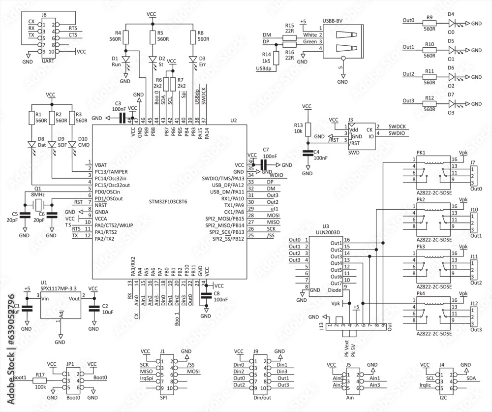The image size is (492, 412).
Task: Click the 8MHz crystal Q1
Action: pos(37,205)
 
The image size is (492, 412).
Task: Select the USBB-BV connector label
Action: pos(333,21)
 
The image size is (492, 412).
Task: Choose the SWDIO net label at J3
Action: pos(397,133)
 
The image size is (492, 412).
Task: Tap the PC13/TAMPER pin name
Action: pos(111,171)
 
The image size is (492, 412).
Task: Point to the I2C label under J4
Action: pos(442,397)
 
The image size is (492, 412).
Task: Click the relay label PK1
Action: pos(421,153)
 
